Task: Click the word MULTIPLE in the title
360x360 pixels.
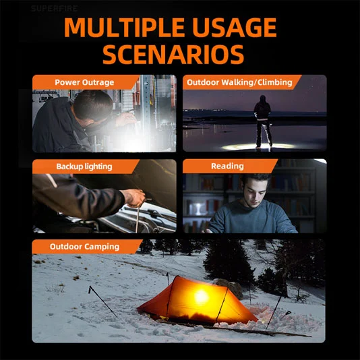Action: click(x=124, y=28)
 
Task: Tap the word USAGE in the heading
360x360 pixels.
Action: click(x=235, y=28)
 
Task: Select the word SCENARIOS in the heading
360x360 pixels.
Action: click(x=173, y=55)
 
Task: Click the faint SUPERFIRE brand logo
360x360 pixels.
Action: click(x=54, y=9)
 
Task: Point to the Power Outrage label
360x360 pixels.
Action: click(x=84, y=82)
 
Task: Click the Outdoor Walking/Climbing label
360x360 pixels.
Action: click(x=239, y=82)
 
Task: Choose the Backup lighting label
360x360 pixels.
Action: click(x=84, y=167)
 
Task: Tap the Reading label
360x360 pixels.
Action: click(x=227, y=166)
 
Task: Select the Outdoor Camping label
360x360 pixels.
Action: click(x=84, y=247)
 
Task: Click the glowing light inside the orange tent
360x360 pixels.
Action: click(x=202, y=297)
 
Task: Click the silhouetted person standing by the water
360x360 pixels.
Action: click(x=263, y=121)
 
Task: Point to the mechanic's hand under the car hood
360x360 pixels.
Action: click(x=133, y=198)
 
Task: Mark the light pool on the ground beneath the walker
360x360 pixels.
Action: click(x=258, y=147)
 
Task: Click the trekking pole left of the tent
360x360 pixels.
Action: click(x=102, y=301)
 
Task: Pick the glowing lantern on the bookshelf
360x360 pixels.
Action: click(x=198, y=209)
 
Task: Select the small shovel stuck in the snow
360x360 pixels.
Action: click(x=285, y=315)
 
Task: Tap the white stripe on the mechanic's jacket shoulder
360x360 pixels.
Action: click(x=52, y=181)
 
